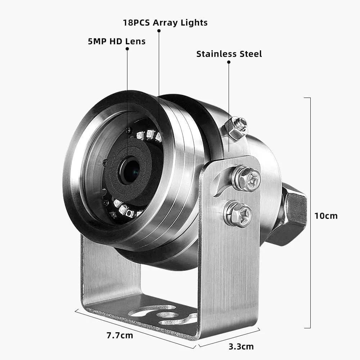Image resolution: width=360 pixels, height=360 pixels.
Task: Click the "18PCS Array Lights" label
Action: [165, 22]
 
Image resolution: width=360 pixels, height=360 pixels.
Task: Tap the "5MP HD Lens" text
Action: [117, 41]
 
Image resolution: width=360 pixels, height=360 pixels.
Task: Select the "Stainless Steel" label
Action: [229, 54]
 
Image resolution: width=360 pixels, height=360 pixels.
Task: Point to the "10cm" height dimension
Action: [326, 216]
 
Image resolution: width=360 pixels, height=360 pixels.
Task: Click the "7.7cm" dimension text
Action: [120, 336]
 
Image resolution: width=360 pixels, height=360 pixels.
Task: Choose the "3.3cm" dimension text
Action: [241, 347]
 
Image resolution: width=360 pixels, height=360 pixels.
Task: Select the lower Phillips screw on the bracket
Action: [238, 214]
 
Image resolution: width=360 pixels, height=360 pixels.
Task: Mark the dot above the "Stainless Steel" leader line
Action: [229, 62]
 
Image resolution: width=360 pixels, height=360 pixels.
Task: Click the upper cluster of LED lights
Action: [148, 135]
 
